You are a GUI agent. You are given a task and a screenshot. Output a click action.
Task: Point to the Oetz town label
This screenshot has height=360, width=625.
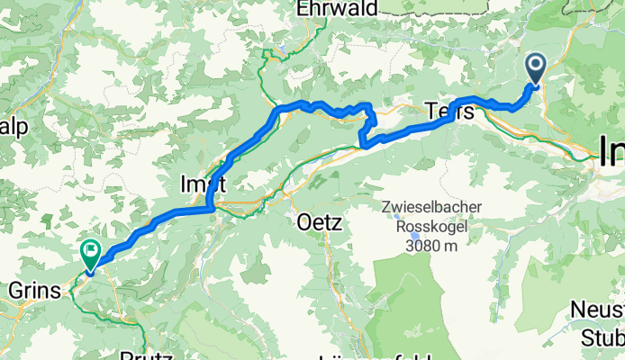pos(320,222)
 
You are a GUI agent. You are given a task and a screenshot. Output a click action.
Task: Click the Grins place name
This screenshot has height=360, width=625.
pos(31,291)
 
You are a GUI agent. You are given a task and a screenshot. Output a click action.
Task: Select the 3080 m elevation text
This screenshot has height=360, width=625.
pos(430,245)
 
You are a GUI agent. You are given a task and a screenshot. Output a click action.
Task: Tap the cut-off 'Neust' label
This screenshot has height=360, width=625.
pos(598,310)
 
